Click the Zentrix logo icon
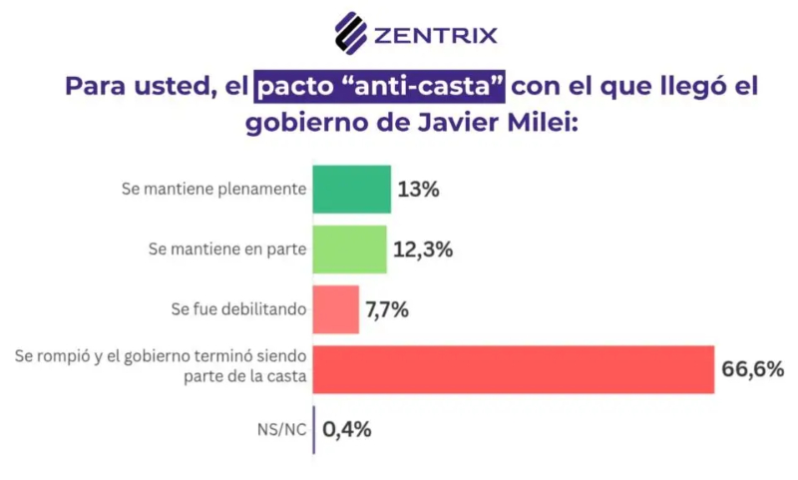coord(350,33)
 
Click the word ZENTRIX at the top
coord(435,36)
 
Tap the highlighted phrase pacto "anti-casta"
coord(380,86)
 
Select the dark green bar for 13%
coord(351,189)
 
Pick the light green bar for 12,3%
coord(349,248)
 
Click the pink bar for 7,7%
coord(335,308)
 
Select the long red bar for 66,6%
coord(514,369)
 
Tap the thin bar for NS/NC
coord(314,429)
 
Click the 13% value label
coord(418,189)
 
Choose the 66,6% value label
coord(752,369)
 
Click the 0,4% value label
coord(347,430)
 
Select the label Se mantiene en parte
coord(226,248)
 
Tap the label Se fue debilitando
coord(236,309)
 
